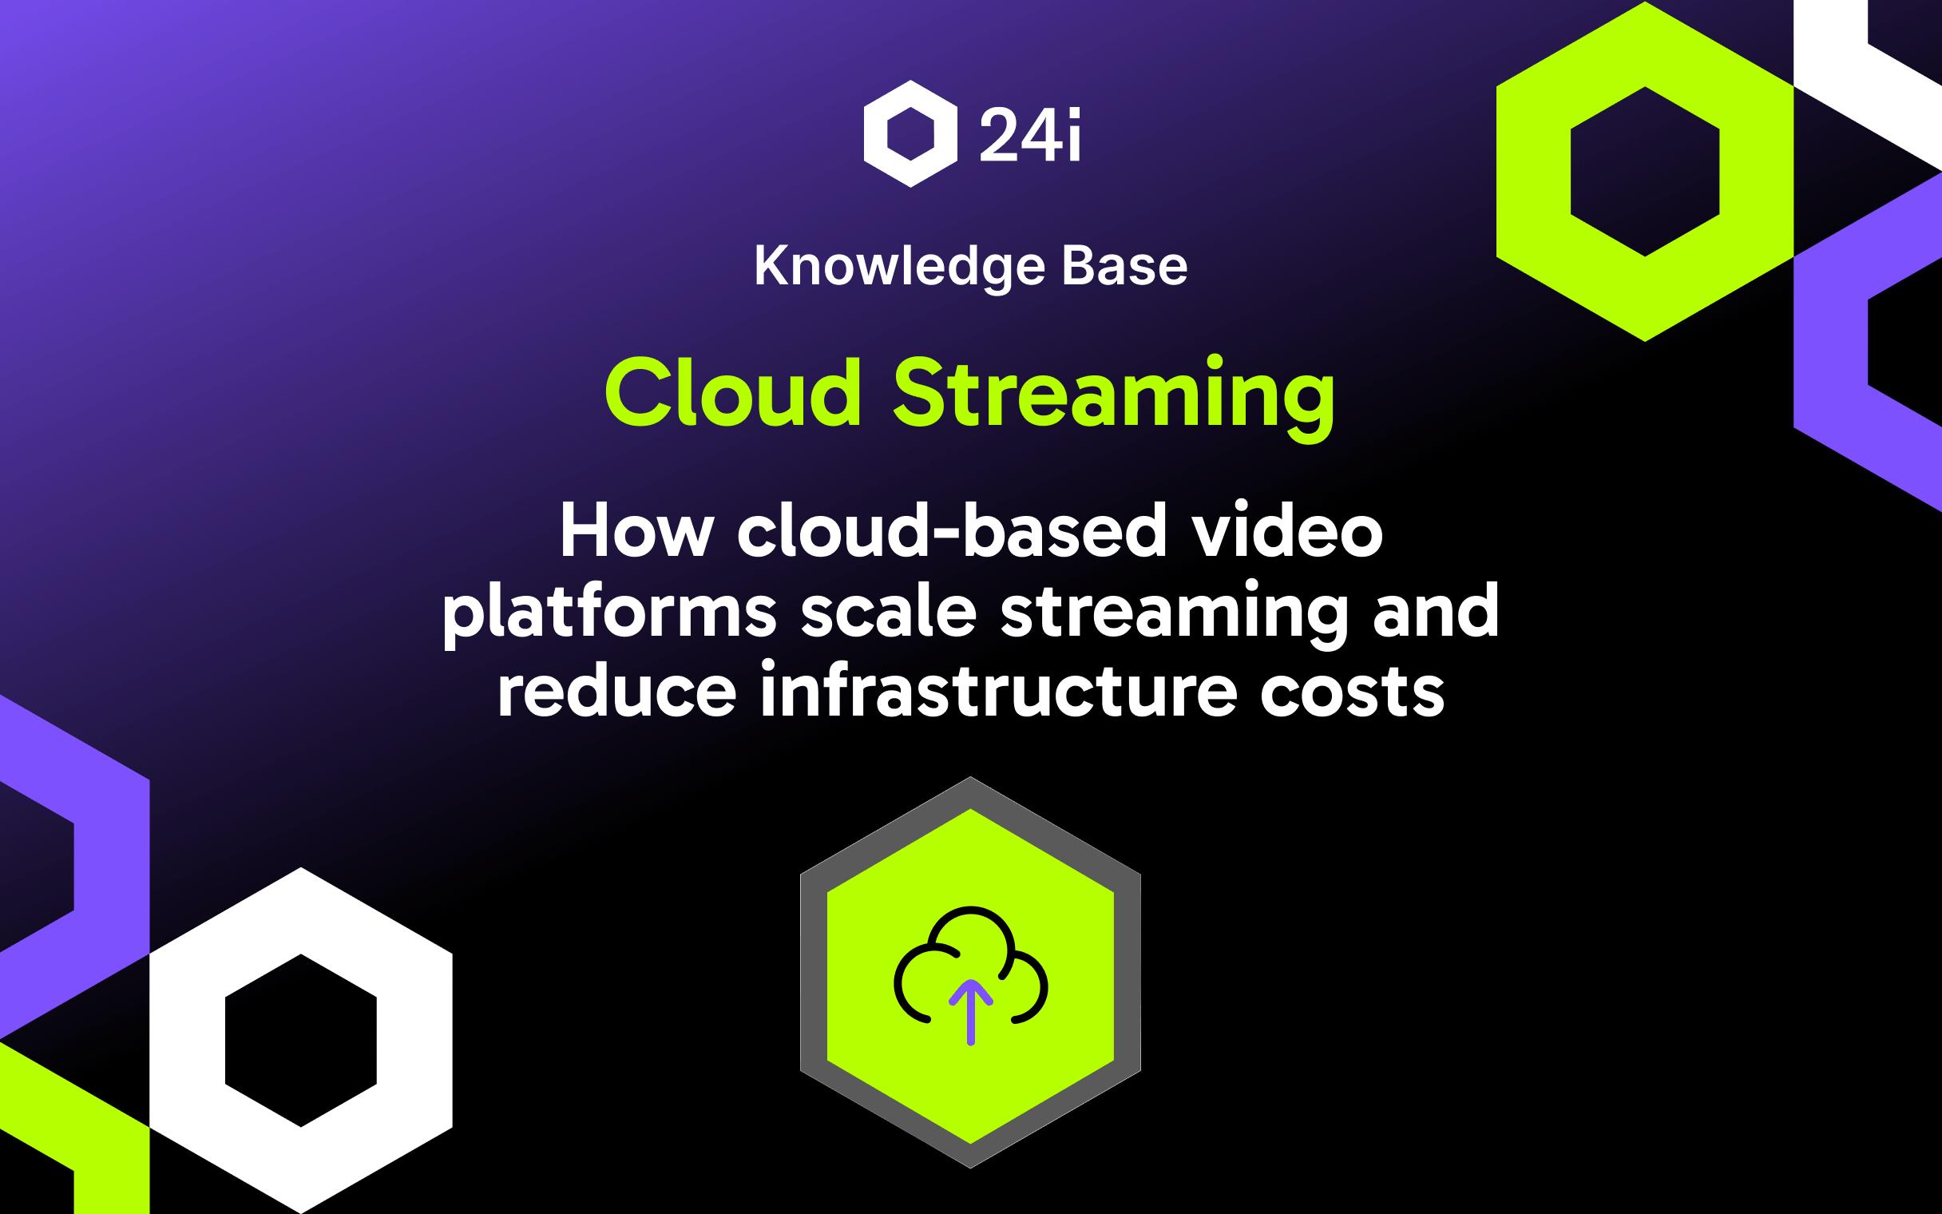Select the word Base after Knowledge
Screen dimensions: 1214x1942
1124,267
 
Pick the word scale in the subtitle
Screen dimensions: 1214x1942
887,611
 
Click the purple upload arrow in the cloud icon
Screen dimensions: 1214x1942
971,1012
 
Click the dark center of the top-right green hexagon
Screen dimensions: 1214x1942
1645,171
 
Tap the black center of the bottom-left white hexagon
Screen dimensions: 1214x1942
301,1041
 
